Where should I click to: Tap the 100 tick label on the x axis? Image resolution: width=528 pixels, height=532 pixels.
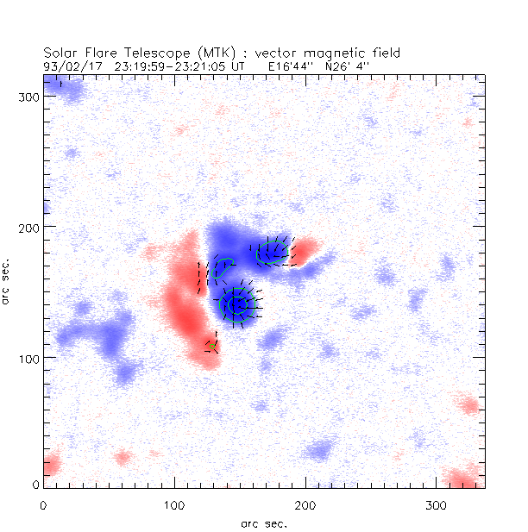point(174,504)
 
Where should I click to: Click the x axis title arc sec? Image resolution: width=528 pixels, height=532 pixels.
point(263,523)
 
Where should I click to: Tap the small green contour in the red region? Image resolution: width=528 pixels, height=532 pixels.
point(210,347)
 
